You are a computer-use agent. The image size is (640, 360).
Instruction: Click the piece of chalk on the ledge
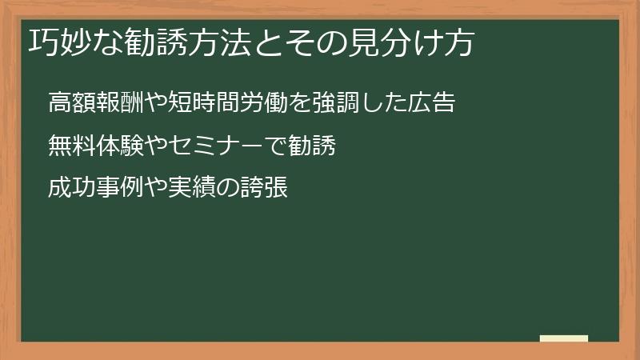coord(564,338)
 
